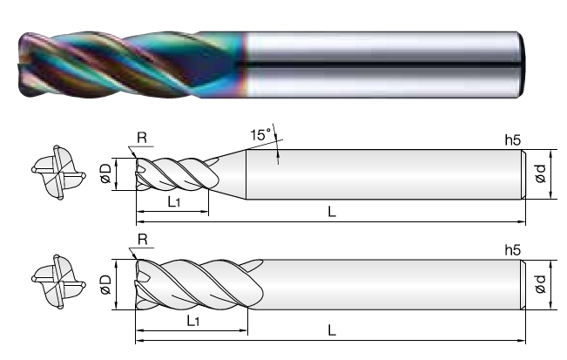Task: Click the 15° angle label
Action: click(x=260, y=134)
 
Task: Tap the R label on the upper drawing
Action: click(x=142, y=138)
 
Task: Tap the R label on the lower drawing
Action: click(x=143, y=240)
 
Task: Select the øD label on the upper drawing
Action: click(x=105, y=173)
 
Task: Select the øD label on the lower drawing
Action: click(x=105, y=284)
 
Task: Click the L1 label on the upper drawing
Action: click(x=174, y=201)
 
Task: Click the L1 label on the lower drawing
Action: click(x=193, y=321)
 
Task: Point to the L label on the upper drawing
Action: click(x=332, y=211)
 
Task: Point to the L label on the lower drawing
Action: click(x=332, y=330)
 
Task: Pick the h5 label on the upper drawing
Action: click(x=513, y=140)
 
